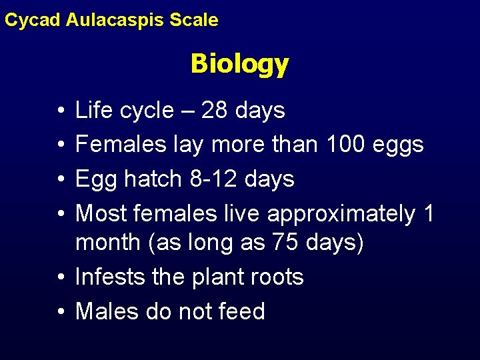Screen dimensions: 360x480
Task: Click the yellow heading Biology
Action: [x=239, y=65]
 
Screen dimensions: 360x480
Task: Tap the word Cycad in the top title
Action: [x=33, y=20]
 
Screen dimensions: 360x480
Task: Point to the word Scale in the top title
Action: [x=194, y=20]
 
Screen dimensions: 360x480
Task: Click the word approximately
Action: [x=340, y=214]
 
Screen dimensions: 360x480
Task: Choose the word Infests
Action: [x=109, y=277]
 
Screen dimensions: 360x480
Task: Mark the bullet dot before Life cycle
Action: [x=60, y=111]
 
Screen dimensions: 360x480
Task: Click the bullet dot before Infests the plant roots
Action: [x=60, y=277]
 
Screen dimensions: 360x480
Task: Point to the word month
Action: [x=105, y=243]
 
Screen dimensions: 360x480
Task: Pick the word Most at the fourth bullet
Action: [x=101, y=214]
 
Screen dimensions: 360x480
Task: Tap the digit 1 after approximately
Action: [x=429, y=214]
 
